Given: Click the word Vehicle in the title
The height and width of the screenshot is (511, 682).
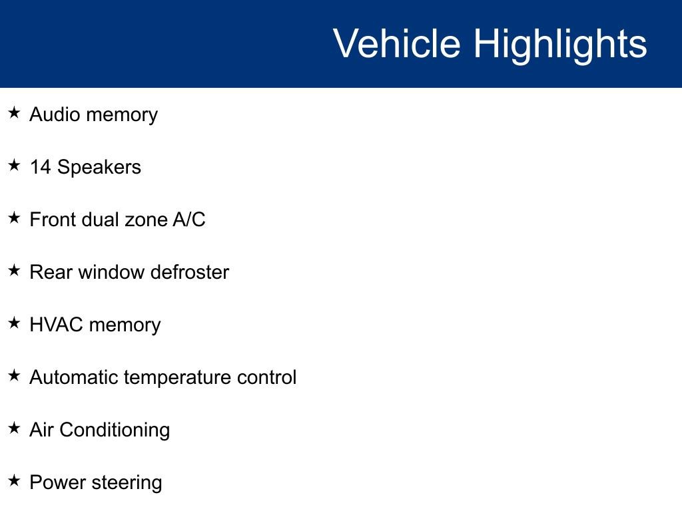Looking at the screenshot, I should pyautogui.click(x=396, y=44).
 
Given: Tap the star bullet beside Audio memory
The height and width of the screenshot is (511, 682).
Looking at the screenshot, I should pyautogui.click(x=15, y=113).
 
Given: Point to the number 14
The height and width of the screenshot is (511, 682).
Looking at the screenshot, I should pyautogui.click(x=40, y=167).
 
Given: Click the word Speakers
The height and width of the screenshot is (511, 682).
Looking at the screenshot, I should pyautogui.click(x=99, y=168).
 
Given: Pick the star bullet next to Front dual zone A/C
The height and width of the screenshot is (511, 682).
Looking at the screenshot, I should pyautogui.click(x=15, y=218).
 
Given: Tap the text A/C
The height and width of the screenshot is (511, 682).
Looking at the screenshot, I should pyautogui.click(x=189, y=220).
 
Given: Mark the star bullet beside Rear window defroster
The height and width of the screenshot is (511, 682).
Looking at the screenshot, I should pyautogui.click(x=15, y=271).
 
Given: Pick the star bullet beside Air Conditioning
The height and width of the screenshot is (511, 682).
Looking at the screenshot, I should pyautogui.click(x=15, y=428).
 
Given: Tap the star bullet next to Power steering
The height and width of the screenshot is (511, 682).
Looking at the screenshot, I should pyautogui.click(x=15, y=481).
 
